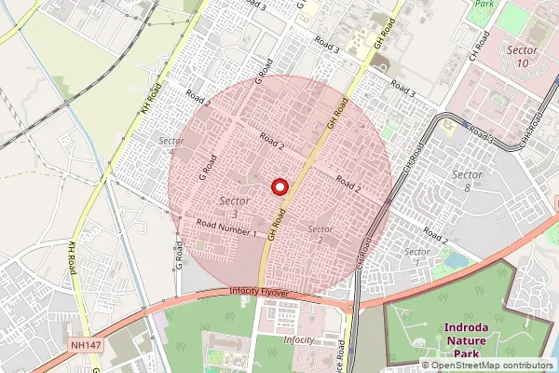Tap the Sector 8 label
pyautogui.click(x=467, y=181)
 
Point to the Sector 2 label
pyautogui.click(x=320, y=234)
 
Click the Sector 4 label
pyautogui.click(x=171, y=146)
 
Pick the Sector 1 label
pyautogui.click(x=417, y=252)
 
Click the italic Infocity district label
pyautogui.click(x=298, y=340)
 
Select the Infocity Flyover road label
pyautogui.click(x=260, y=293)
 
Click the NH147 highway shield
pyautogui.click(x=85, y=344)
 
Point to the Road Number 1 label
pyautogui.click(x=226, y=228)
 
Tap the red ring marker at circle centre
pyautogui.click(x=279, y=186)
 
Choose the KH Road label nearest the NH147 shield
pyautogui.click(x=71, y=252)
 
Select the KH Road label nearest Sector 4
pyautogui.click(x=151, y=99)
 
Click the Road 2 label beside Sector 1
pyautogui.click(x=435, y=234)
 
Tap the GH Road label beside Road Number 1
pyautogui.click(x=275, y=227)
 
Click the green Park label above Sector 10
pyautogui.click(x=483, y=4)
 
